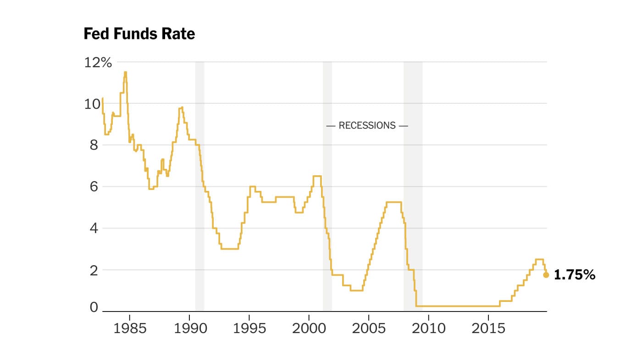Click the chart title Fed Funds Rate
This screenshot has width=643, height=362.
[x=139, y=34]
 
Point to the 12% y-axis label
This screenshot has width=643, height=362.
[x=98, y=63]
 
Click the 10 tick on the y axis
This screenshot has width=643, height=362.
[x=93, y=104]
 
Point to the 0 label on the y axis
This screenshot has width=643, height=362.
[x=94, y=307]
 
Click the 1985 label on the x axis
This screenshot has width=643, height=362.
[x=129, y=329]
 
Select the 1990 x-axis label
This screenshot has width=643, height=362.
[x=189, y=329]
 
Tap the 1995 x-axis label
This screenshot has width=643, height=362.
[x=249, y=329]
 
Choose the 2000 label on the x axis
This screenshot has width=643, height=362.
[x=309, y=329]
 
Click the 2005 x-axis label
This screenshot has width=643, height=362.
[x=369, y=329]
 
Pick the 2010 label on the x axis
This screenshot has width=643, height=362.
[x=428, y=329]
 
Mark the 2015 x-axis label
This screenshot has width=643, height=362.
[x=488, y=329]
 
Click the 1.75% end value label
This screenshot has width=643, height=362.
[x=574, y=275]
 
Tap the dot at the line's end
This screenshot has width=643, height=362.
[x=546, y=275]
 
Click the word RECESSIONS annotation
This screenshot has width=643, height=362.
[x=367, y=125]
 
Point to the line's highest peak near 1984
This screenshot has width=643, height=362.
[x=125, y=72]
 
